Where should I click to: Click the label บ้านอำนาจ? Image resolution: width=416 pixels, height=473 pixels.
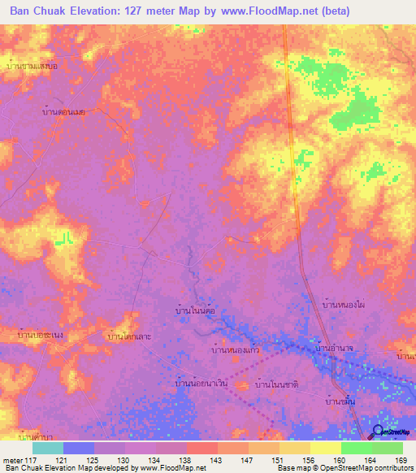(338, 348)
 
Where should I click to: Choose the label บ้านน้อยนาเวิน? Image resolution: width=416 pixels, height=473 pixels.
(201, 382)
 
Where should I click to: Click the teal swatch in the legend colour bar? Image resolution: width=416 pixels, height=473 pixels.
(48, 448)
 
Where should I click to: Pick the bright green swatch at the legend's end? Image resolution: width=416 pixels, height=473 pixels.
(387, 448)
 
